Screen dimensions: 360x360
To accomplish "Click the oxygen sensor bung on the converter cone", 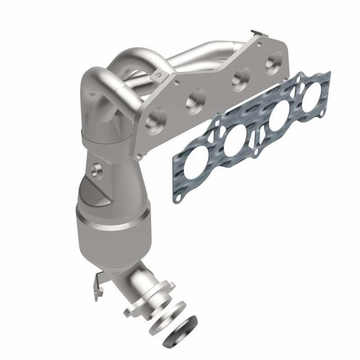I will pos(96,170).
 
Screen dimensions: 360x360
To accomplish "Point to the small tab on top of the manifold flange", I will pos(256,34).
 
